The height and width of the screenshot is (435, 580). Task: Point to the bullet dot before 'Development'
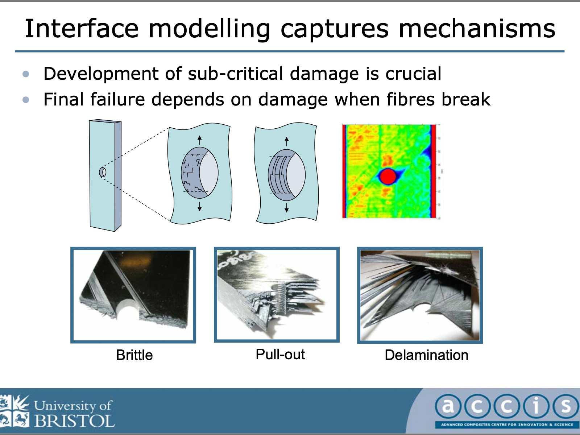(x=26, y=74)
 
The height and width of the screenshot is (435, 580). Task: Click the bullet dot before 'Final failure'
(x=26, y=100)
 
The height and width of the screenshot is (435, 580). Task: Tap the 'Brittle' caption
(x=134, y=355)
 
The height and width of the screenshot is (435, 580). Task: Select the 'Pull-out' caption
(x=280, y=354)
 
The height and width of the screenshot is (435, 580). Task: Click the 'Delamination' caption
(x=426, y=355)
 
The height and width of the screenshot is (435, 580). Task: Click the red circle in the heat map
(x=388, y=176)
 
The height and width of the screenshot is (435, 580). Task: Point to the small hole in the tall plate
(x=103, y=172)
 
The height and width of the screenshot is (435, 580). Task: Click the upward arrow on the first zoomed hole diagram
(x=199, y=140)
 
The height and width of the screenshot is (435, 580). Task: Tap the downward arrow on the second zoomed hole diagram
(x=286, y=208)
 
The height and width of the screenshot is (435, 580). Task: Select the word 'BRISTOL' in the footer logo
(x=74, y=421)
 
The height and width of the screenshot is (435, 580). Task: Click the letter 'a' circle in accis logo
(x=448, y=406)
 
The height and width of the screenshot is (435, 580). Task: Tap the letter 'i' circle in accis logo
(x=536, y=406)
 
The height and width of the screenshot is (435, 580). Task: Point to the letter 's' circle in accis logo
(x=565, y=406)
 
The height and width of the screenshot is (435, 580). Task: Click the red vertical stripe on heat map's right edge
(x=433, y=171)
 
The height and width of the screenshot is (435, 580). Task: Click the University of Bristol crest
(x=14, y=411)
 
